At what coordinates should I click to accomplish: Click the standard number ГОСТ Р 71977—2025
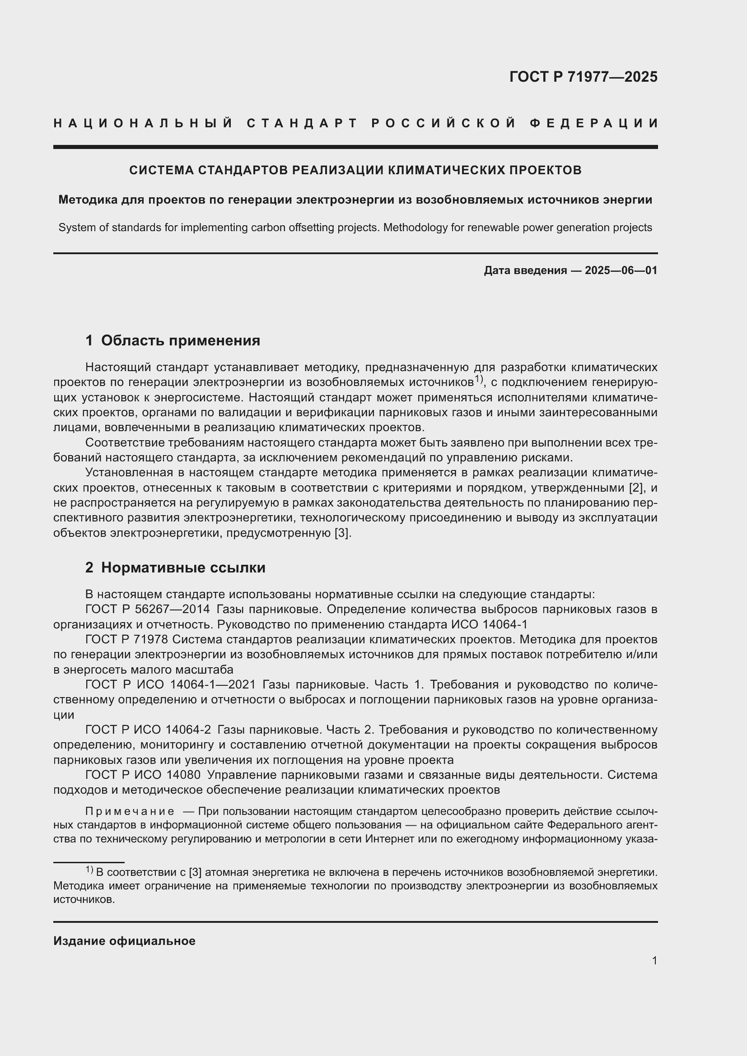583,77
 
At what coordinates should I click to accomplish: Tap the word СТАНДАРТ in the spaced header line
302,123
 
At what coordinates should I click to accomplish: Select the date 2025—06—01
621,270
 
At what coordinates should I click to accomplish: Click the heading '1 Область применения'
173,340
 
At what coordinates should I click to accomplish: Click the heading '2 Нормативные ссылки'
175,568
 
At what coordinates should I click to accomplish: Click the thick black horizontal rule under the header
355,147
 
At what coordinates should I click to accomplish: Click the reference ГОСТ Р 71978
127,640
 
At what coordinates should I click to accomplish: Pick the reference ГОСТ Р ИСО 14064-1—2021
170,685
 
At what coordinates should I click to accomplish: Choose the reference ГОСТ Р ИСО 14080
143,775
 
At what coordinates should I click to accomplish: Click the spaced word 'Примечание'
130,811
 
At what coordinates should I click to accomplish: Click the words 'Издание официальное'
124,941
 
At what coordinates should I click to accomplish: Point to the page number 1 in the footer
654,960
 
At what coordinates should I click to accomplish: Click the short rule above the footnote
89,862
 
